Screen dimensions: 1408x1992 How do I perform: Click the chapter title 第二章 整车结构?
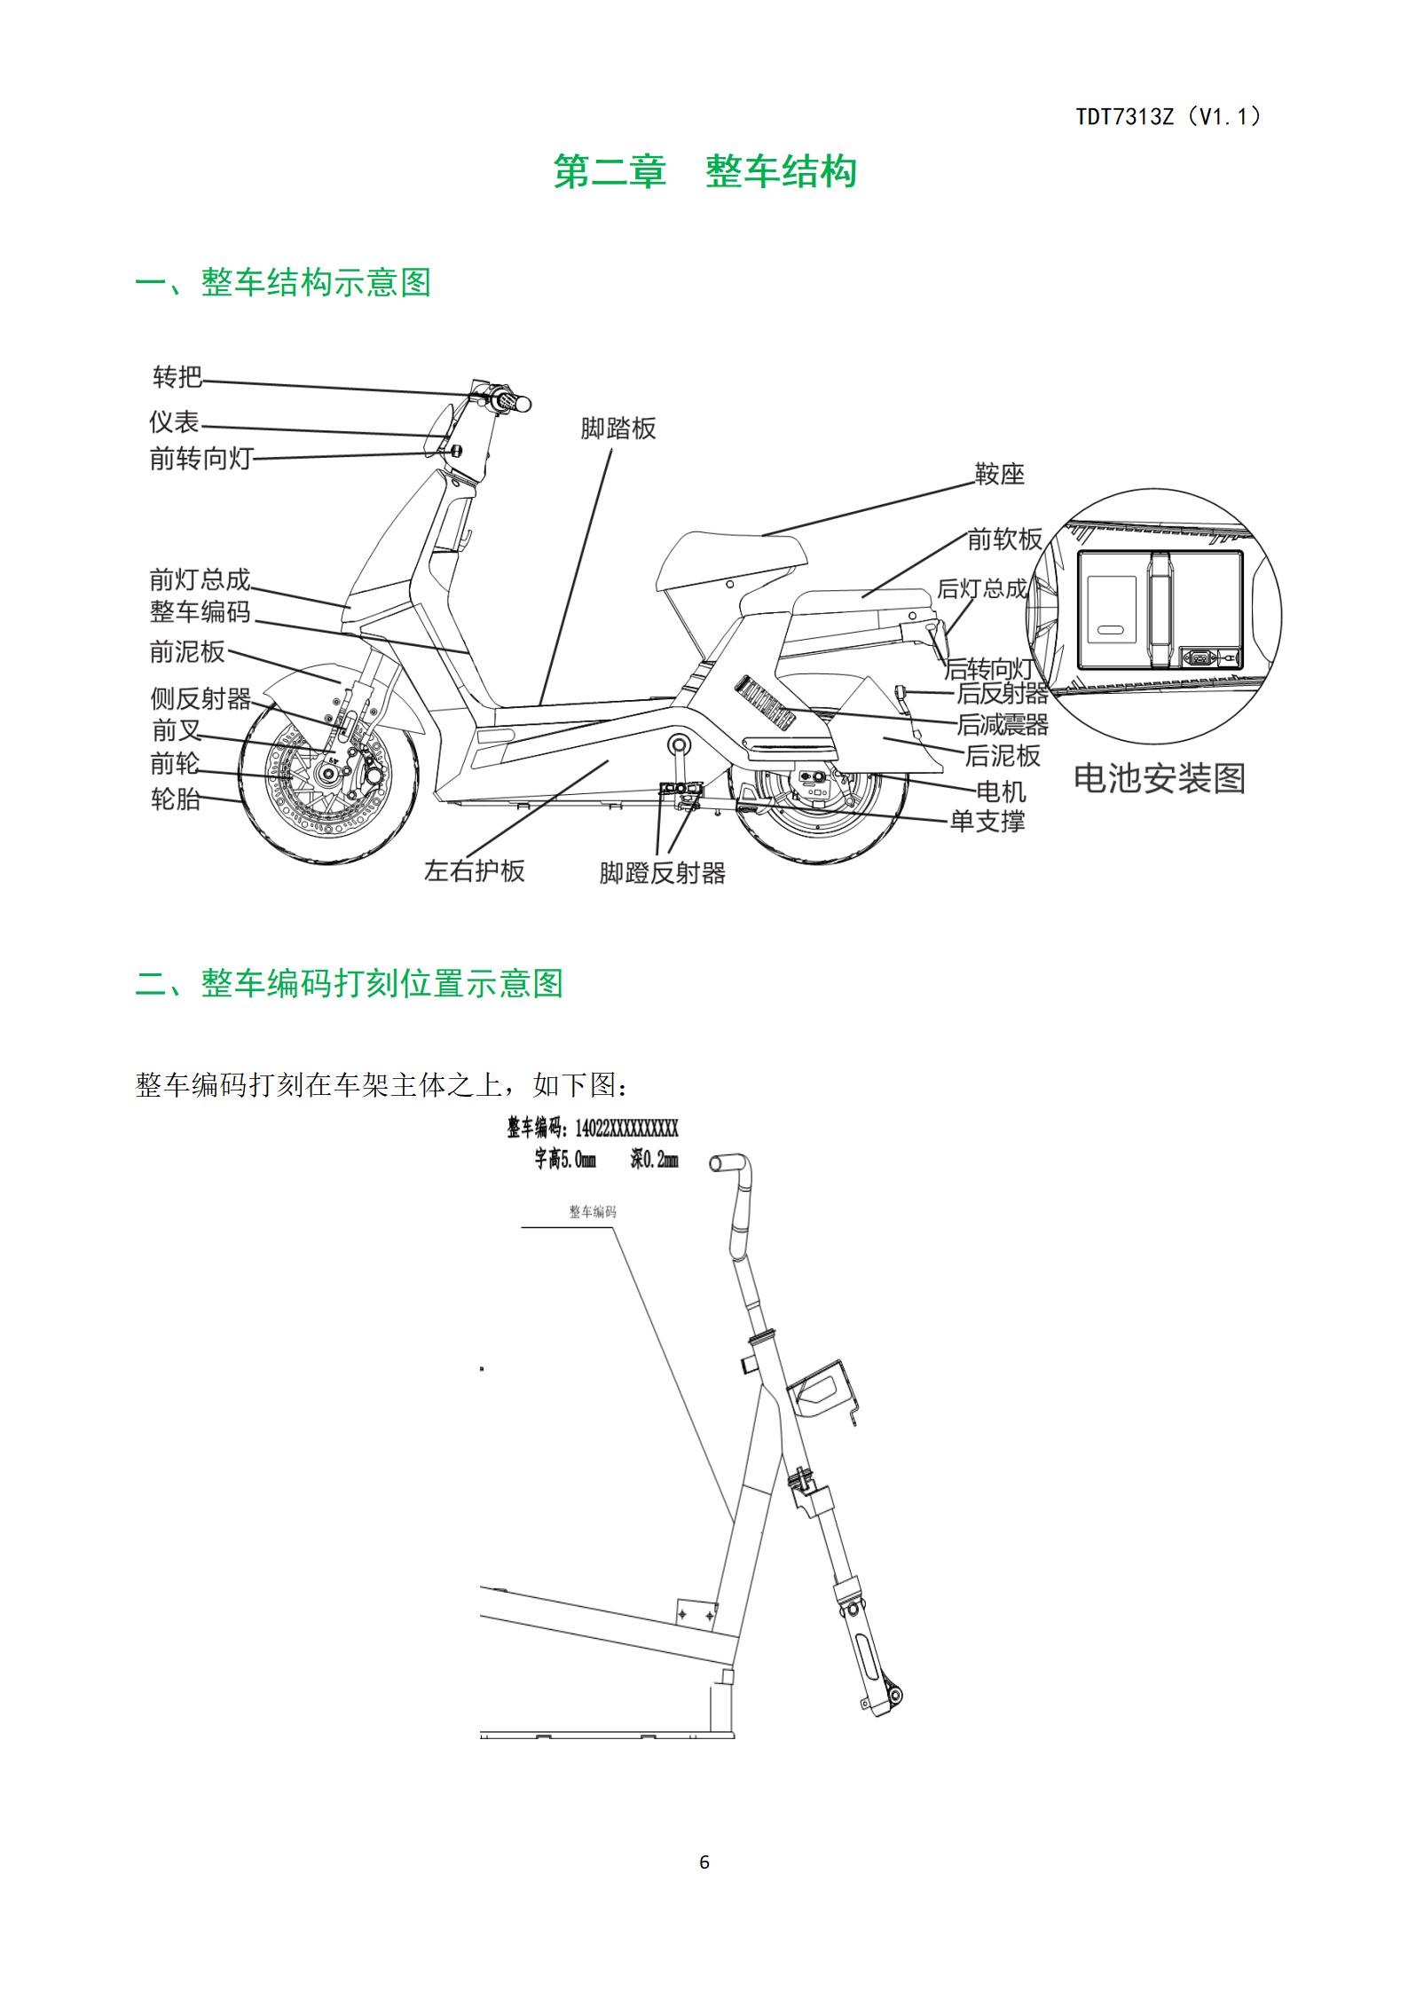(704, 171)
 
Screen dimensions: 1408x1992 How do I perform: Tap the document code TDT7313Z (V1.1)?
(1168, 116)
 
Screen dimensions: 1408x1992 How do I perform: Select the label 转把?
(177, 377)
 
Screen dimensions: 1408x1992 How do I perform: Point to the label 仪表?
(174, 421)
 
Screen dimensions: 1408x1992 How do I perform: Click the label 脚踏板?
(618, 429)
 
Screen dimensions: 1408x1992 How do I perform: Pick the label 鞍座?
(1000, 475)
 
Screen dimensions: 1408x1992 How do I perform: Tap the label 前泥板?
(187, 651)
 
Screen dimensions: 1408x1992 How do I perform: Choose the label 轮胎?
(176, 799)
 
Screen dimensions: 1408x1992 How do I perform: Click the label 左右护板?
(475, 870)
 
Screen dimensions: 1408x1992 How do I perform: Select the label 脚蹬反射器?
(663, 873)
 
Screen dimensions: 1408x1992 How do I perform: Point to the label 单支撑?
(987, 821)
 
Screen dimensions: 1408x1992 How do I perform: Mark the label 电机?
(1001, 791)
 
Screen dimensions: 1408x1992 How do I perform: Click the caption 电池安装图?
(1160, 778)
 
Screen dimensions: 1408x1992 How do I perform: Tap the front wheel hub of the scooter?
(328, 775)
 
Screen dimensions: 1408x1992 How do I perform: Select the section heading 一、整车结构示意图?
(283, 283)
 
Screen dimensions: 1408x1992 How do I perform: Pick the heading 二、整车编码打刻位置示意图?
(350, 983)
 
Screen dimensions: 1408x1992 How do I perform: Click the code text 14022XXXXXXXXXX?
(626, 1128)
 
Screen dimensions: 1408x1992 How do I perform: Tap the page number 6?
(704, 1862)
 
